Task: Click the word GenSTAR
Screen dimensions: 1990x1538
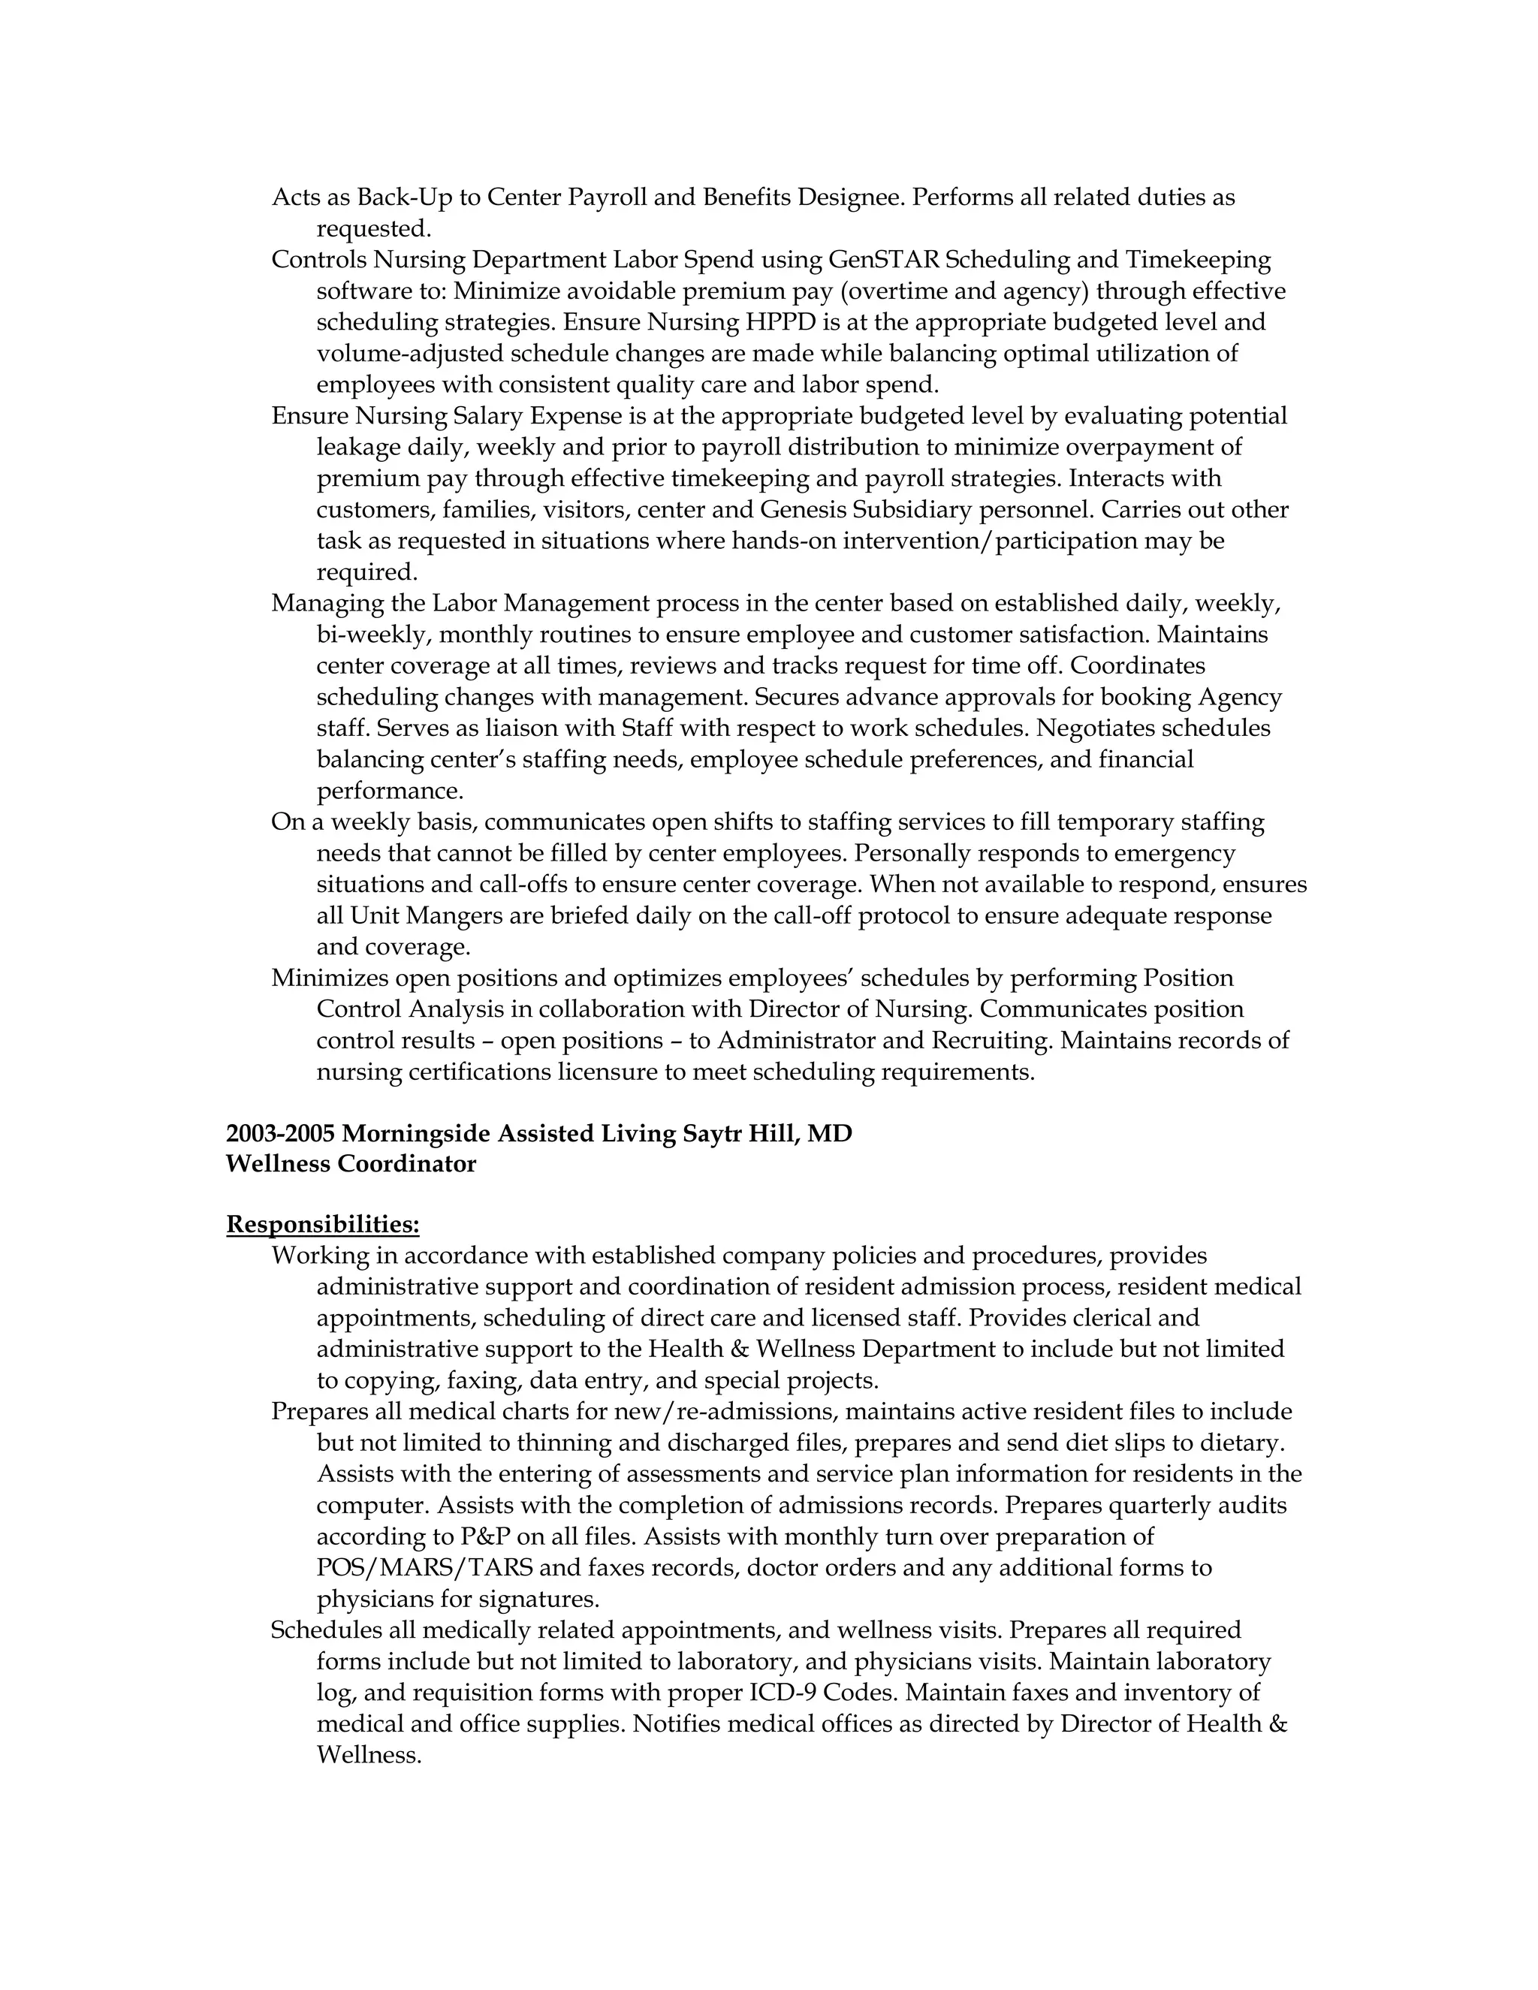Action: pos(884,260)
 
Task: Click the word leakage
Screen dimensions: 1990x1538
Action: pos(358,448)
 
